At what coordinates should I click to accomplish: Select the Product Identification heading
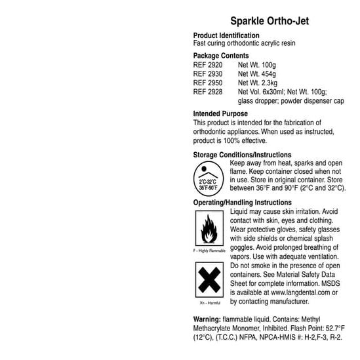click(x=226, y=35)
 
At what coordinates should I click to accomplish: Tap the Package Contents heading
click(x=221, y=56)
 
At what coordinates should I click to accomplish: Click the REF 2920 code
click(x=208, y=66)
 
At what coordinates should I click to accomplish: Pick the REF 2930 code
click(x=208, y=75)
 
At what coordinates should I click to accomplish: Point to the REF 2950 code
click(x=208, y=83)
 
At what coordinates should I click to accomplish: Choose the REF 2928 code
click(x=208, y=92)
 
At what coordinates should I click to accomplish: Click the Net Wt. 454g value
click(x=256, y=75)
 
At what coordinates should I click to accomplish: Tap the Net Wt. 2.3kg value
click(x=258, y=83)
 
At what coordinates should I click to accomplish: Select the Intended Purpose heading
click(x=220, y=114)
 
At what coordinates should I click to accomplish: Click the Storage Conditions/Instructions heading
click(x=243, y=155)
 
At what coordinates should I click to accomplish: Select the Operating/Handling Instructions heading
click(x=243, y=203)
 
